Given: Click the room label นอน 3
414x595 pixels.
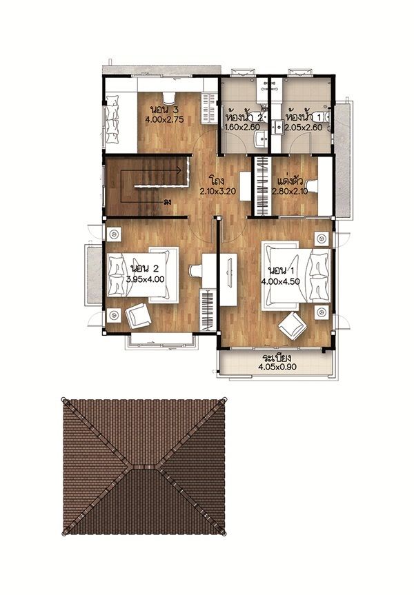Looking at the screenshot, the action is pyautogui.click(x=164, y=110).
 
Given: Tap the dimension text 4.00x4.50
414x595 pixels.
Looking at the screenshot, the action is pyautogui.click(x=280, y=281).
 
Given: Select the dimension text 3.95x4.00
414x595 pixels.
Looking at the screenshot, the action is pyautogui.click(x=145, y=279).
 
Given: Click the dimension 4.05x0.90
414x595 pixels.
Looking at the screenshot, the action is pyautogui.click(x=277, y=367).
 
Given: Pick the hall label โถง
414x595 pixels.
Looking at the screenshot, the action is pyautogui.click(x=217, y=179).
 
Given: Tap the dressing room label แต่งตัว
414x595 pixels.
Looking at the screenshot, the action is pyautogui.click(x=289, y=179).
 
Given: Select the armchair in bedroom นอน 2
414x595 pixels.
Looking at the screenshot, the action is pyautogui.click(x=138, y=316).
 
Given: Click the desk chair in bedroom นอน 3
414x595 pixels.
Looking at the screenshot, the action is pyautogui.click(x=168, y=97).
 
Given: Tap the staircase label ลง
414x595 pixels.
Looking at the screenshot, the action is pyautogui.click(x=166, y=202).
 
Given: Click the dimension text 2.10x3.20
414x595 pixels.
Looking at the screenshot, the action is pyautogui.click(x=218, y=192).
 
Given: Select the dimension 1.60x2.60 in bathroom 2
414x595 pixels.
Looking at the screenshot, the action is pyautogui.click(x=242, y=127).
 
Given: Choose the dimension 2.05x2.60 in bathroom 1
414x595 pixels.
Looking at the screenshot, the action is pyautogui.click(x=304, y=127).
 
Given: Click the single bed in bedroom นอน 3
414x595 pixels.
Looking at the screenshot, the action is pyautogui.click(x=120, y=119).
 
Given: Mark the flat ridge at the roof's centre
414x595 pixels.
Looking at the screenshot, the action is pyautogui.click(x=144, y=466).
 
